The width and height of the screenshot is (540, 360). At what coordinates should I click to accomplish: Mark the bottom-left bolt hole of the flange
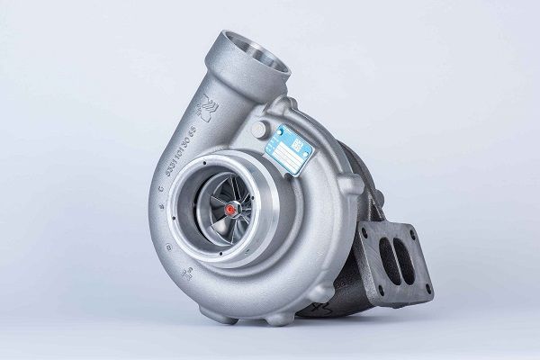(371, 275)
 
